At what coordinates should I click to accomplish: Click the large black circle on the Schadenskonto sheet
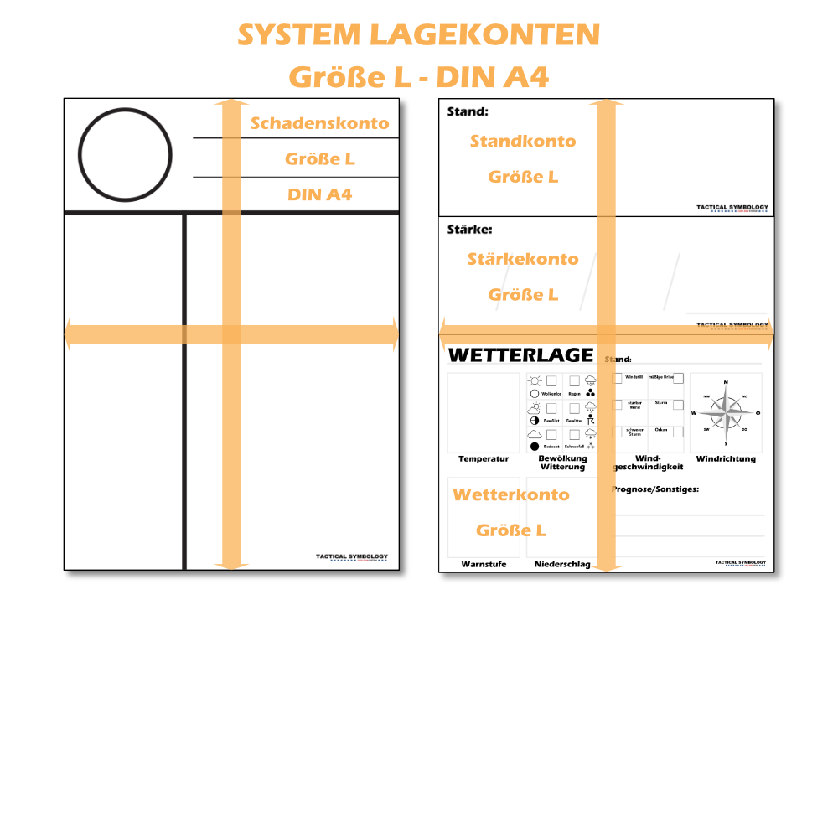(126, 156)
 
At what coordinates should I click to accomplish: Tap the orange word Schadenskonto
(320, 123)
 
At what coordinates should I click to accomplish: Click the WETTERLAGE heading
(520, 354)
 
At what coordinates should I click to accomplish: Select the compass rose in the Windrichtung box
(726, 411)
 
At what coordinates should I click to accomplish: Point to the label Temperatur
(484, 459)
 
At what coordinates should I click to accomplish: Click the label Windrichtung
(726, 458)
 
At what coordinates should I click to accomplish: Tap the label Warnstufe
(484, 565)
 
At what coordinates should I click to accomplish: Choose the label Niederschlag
(562, 565)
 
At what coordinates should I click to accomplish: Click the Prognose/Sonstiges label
(655, 489)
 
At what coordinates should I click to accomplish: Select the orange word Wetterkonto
(511, 494)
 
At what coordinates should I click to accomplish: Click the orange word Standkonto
(523, 141)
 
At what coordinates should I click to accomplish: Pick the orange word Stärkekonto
(523, 259)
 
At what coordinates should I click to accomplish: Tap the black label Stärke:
(470, 228)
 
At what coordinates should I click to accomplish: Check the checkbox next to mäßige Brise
(678, 378)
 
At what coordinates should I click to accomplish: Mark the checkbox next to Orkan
(678, 432)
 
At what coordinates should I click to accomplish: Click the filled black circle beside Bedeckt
(534, 447)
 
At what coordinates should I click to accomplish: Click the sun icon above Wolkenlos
(535, 380)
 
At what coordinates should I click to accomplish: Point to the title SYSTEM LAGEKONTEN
(418, 35)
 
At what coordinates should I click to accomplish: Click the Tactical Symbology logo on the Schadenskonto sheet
(353, 557)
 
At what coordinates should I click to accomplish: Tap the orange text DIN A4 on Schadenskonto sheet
(320, 194)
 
